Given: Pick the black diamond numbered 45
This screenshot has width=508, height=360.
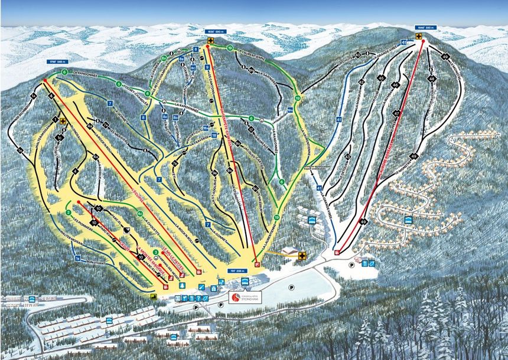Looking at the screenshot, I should [x=381, y=78].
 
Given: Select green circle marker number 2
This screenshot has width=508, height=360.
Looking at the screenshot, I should [x=69, y=212].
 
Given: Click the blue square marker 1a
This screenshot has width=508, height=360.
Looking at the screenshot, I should [x=77, y=258].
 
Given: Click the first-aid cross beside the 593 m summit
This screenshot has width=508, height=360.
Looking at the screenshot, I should [x=418, y=37].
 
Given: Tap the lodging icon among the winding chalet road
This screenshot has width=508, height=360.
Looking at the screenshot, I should [x=408, y=220].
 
